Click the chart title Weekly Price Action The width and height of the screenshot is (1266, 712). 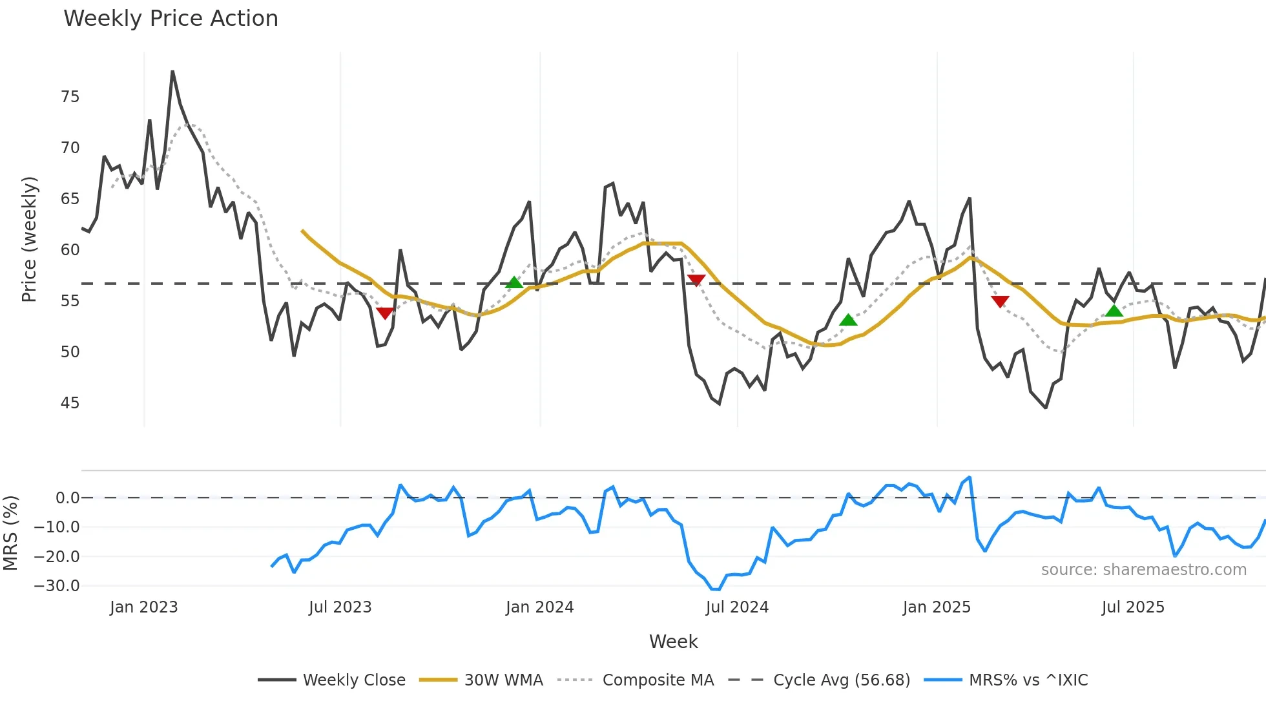point(171,18)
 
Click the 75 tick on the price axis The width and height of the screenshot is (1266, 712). point(70,97)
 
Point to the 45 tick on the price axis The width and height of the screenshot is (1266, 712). point(70,403)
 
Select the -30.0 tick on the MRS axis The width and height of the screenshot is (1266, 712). point(57,586)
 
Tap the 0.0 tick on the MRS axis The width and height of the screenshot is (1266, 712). point(67,498)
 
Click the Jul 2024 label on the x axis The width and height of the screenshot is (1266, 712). point(737,607)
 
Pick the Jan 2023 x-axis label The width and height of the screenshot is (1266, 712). point(143,607)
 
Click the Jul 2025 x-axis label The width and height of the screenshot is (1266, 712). point(1133,607)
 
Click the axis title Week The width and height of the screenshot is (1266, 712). point(673,642)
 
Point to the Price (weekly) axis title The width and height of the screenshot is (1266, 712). point(29,239)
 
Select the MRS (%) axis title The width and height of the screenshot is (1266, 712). point(10,533)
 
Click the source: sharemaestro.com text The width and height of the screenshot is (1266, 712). point(1143,570)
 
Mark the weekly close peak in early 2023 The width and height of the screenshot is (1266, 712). point(172,72)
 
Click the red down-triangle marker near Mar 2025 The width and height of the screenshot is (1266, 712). point(1000,301)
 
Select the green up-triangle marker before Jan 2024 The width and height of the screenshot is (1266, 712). point(514,282)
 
